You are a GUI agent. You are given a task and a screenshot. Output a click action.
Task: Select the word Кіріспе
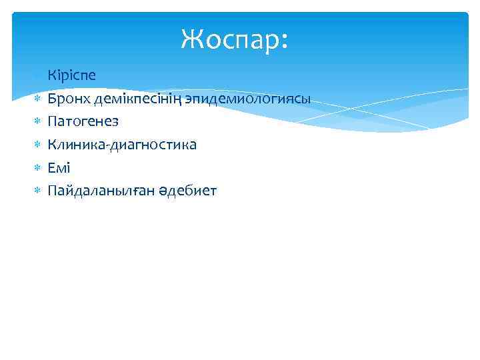(x=71, y=75)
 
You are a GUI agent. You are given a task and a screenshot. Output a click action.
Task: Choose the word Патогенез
(x=83, y=121)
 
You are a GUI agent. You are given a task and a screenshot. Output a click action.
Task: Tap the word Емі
(x=59, y=168)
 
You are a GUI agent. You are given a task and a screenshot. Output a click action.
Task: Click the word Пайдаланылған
(x=101, y=191)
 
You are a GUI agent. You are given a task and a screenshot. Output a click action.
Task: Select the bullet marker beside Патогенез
(x=37, y=122)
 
